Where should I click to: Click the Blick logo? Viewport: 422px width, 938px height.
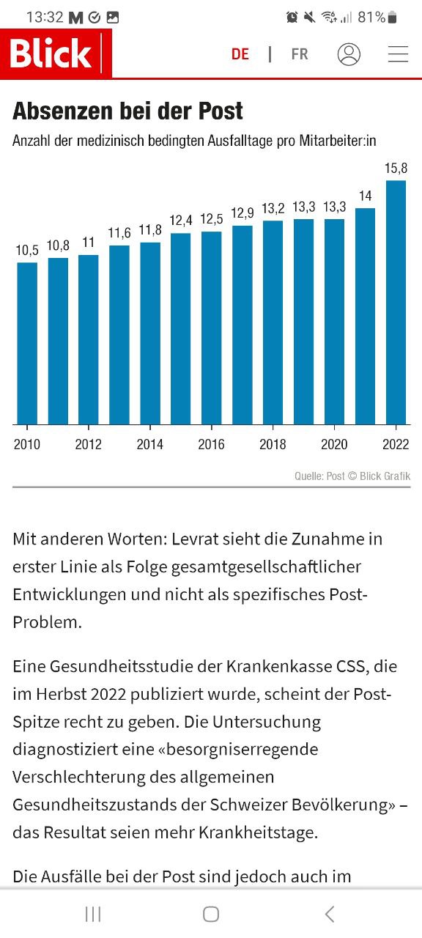[51, 54]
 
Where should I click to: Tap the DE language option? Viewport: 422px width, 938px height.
[240, 54]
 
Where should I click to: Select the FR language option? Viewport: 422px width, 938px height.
[299, 54]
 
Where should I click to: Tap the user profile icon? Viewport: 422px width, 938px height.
[349, 54]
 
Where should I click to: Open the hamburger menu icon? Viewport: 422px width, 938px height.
[398, 54]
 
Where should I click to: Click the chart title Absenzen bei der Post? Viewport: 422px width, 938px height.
[127, 111]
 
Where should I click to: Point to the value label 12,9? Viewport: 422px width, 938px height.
[242, 213]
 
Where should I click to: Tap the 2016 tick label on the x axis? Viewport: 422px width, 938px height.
[211, 445]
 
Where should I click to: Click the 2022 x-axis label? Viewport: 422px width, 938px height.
[396, 445]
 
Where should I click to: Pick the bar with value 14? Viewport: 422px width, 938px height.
[365, 316]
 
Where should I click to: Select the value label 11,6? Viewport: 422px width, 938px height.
[119, 233]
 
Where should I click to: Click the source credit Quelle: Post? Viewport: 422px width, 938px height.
[319, 476]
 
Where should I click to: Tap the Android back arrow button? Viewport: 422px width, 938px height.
[329, 914]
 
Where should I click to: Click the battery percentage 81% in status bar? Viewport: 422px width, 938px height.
[371, 17]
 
